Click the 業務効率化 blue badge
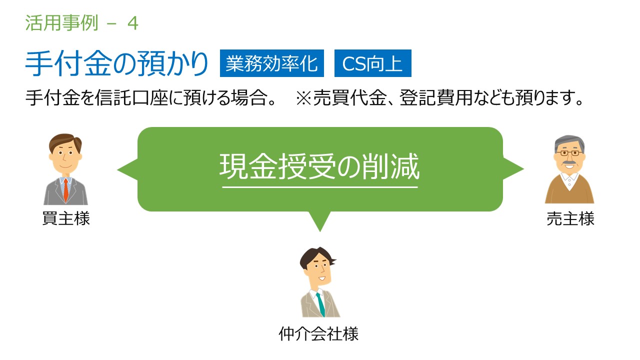pos(271,63)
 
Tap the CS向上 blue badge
pos(373,63)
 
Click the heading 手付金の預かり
pos(116,63)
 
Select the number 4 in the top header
pos(133,23)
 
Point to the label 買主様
pos(66,218)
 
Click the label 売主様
pos(570,218)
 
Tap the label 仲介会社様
pos(318,333)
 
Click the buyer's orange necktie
pos(66,190)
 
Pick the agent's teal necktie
pos(321,304)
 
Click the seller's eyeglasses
pos(569,153)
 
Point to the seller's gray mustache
pos(569,163)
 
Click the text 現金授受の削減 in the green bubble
pos(319,166)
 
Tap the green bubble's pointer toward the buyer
pos(127,169)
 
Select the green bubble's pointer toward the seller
pos(513,169)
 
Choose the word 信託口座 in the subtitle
pos(131,97)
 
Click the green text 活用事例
pos(61,23)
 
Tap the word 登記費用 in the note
pos(436,97)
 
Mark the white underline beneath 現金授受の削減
pos(320,187)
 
